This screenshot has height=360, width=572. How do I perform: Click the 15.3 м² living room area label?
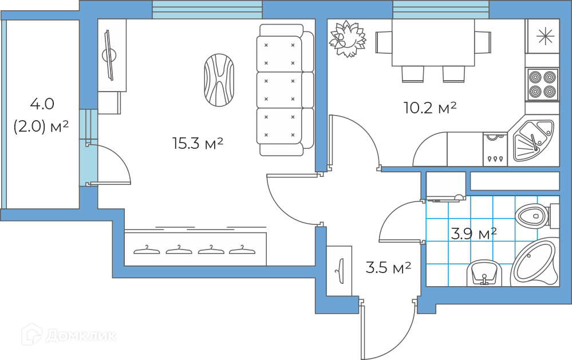click(197, 143)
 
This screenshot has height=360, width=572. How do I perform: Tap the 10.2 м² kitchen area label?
click(429, 107)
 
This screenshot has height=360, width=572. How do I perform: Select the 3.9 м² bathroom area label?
click(474, 233)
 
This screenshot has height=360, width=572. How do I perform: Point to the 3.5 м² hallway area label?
click(388, 267)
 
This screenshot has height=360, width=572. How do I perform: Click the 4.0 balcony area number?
click(42, 104)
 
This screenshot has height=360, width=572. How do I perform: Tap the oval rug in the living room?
click(219, 80)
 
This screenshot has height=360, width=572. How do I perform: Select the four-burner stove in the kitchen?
click(542, 85)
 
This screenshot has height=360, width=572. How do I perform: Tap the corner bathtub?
click(535, 264)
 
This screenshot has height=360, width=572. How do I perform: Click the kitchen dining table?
click(433, 42)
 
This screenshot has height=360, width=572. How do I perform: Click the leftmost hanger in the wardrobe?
click(147, 249)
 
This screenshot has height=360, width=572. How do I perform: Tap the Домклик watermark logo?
click(69, 335)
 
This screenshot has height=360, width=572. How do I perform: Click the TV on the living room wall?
click(108, 54)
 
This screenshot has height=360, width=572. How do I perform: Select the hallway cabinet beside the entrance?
click(340, 271)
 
